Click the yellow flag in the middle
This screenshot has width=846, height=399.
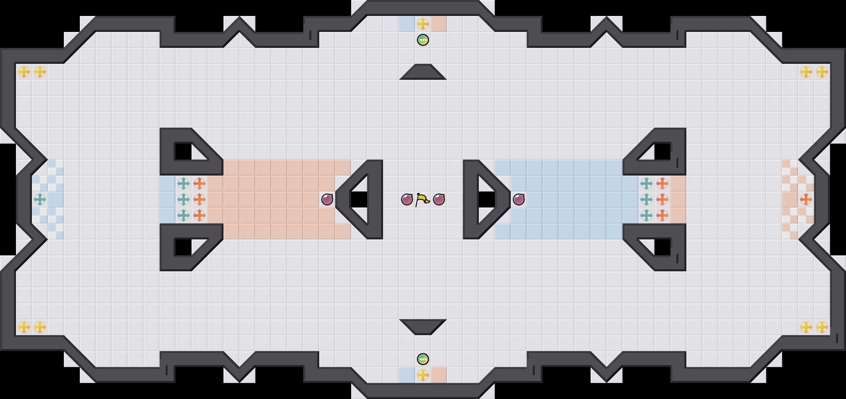[423, 199]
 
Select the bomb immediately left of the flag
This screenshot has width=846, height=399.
[407, 199]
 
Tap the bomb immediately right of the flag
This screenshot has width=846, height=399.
[439, 199]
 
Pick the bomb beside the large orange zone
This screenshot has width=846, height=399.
[327, 199]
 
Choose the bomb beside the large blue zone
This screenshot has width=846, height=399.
[519, 199]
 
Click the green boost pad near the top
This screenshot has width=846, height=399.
[423, 40]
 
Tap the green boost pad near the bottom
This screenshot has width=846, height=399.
[423, 359]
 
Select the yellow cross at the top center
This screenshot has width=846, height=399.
[423, 24]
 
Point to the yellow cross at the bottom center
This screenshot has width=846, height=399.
[423, 375]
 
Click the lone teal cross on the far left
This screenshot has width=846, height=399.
[40, 199]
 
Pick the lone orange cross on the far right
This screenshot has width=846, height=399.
[806, 199]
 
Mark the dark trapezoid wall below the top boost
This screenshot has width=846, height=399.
[423, 72]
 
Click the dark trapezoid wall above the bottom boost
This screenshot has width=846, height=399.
[423, 326]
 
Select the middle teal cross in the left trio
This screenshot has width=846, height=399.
[184, 199]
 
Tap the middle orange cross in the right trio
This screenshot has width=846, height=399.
[662, 199]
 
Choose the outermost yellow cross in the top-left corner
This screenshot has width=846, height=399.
[24, 72]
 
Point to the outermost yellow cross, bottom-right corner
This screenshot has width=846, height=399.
[822, 327]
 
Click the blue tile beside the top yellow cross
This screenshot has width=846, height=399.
[407, 24]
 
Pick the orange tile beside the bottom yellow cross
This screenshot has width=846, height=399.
[439, 375]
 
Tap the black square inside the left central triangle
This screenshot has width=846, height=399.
[359, 199]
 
